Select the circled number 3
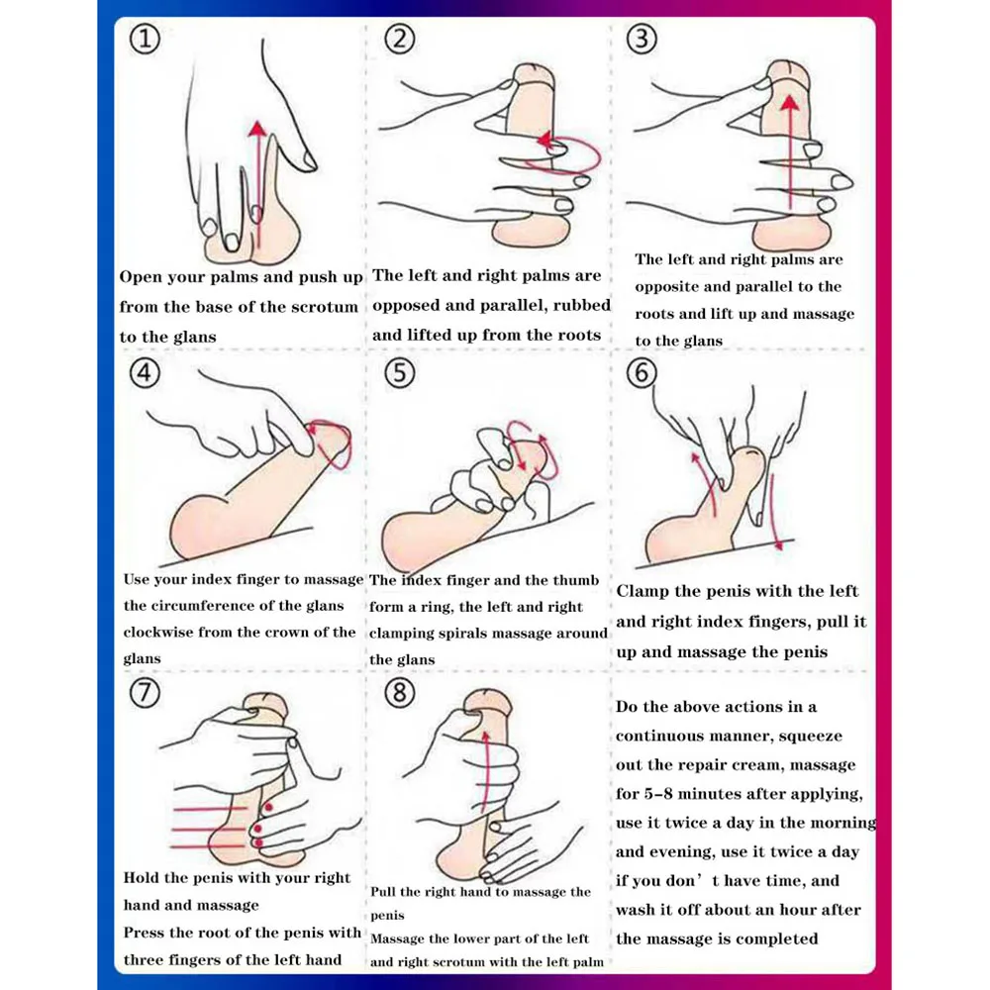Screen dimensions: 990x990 (x=643, y=40)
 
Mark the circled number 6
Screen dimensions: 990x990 (x=643, y=373)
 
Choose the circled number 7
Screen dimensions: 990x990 (x=145, y=692)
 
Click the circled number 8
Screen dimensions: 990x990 (x=398, y=692)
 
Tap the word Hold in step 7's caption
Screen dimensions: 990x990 (x=143, y=878)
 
